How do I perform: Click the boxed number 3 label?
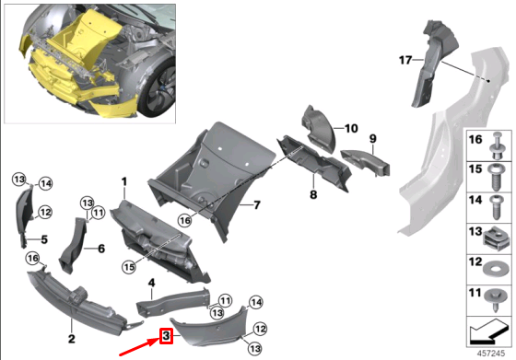click(x=166, y=336)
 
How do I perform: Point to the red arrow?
click(x=138, y=347)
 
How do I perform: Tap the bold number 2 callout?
click(x=69, y=323)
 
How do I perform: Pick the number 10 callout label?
click(x=351, y=128)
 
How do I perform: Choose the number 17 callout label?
click(x=402, y=60)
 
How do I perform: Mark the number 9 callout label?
click(x=373, y=139)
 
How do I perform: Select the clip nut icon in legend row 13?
click(x=496, y=232)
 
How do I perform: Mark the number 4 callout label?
click(x=151, y=282)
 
